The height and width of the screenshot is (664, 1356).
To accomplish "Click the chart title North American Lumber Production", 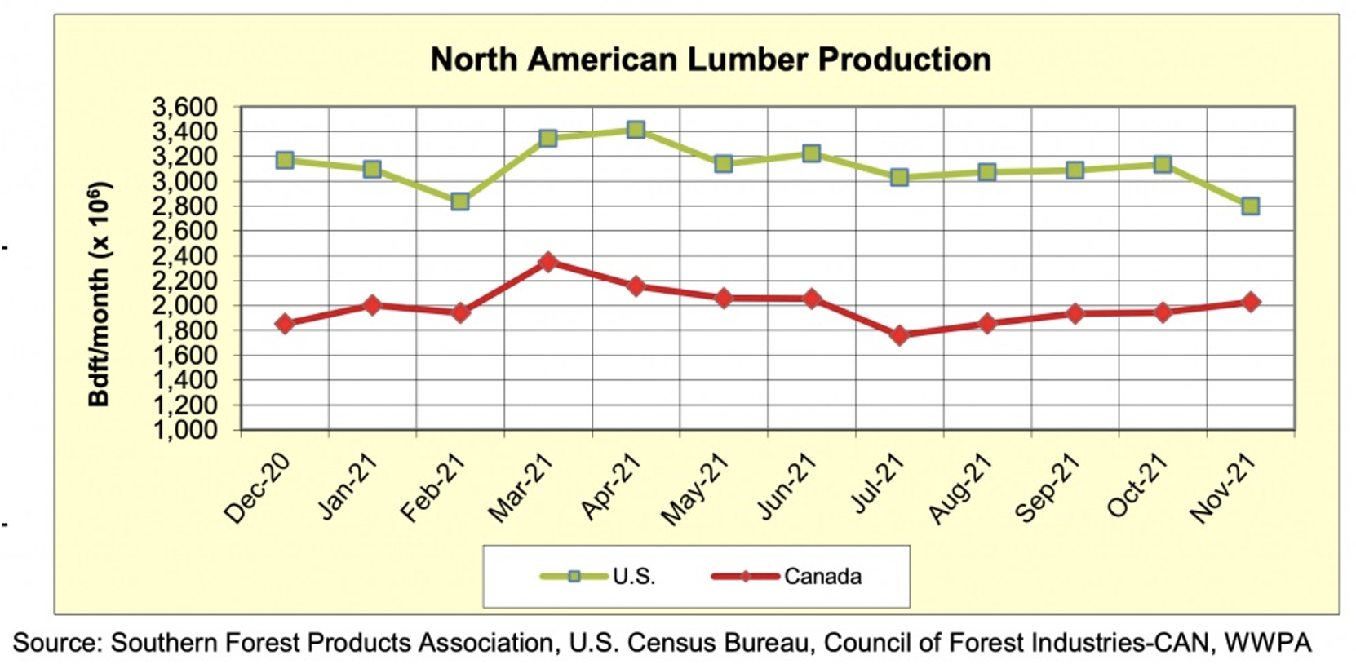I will (x=710, y=60).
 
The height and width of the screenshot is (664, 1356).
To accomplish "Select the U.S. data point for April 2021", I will (x=636, y=130).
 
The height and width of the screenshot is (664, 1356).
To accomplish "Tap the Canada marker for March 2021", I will (x=547, y=262).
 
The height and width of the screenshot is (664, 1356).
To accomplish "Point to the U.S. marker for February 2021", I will (x=459, y=201).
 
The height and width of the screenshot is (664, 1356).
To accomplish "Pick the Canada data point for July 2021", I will (x=899, y=335).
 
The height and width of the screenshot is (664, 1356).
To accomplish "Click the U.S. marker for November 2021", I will (x=1250, y=206).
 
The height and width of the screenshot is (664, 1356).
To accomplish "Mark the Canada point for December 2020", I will (x=284, y=324).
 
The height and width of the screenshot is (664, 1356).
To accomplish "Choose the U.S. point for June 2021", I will (x=811, y=153).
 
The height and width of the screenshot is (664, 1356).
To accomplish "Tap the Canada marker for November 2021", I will (x=1250, y=302).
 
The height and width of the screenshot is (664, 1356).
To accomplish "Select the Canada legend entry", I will (x=788, y=577).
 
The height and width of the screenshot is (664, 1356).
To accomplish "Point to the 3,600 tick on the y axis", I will (x=185, y=107).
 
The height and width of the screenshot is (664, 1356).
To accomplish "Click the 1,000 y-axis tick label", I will (x=185, y=430).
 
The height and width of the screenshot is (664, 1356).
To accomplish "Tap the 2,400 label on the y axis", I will (x=185, y=256).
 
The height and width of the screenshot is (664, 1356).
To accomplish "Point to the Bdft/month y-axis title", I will (x=100, y=294).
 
